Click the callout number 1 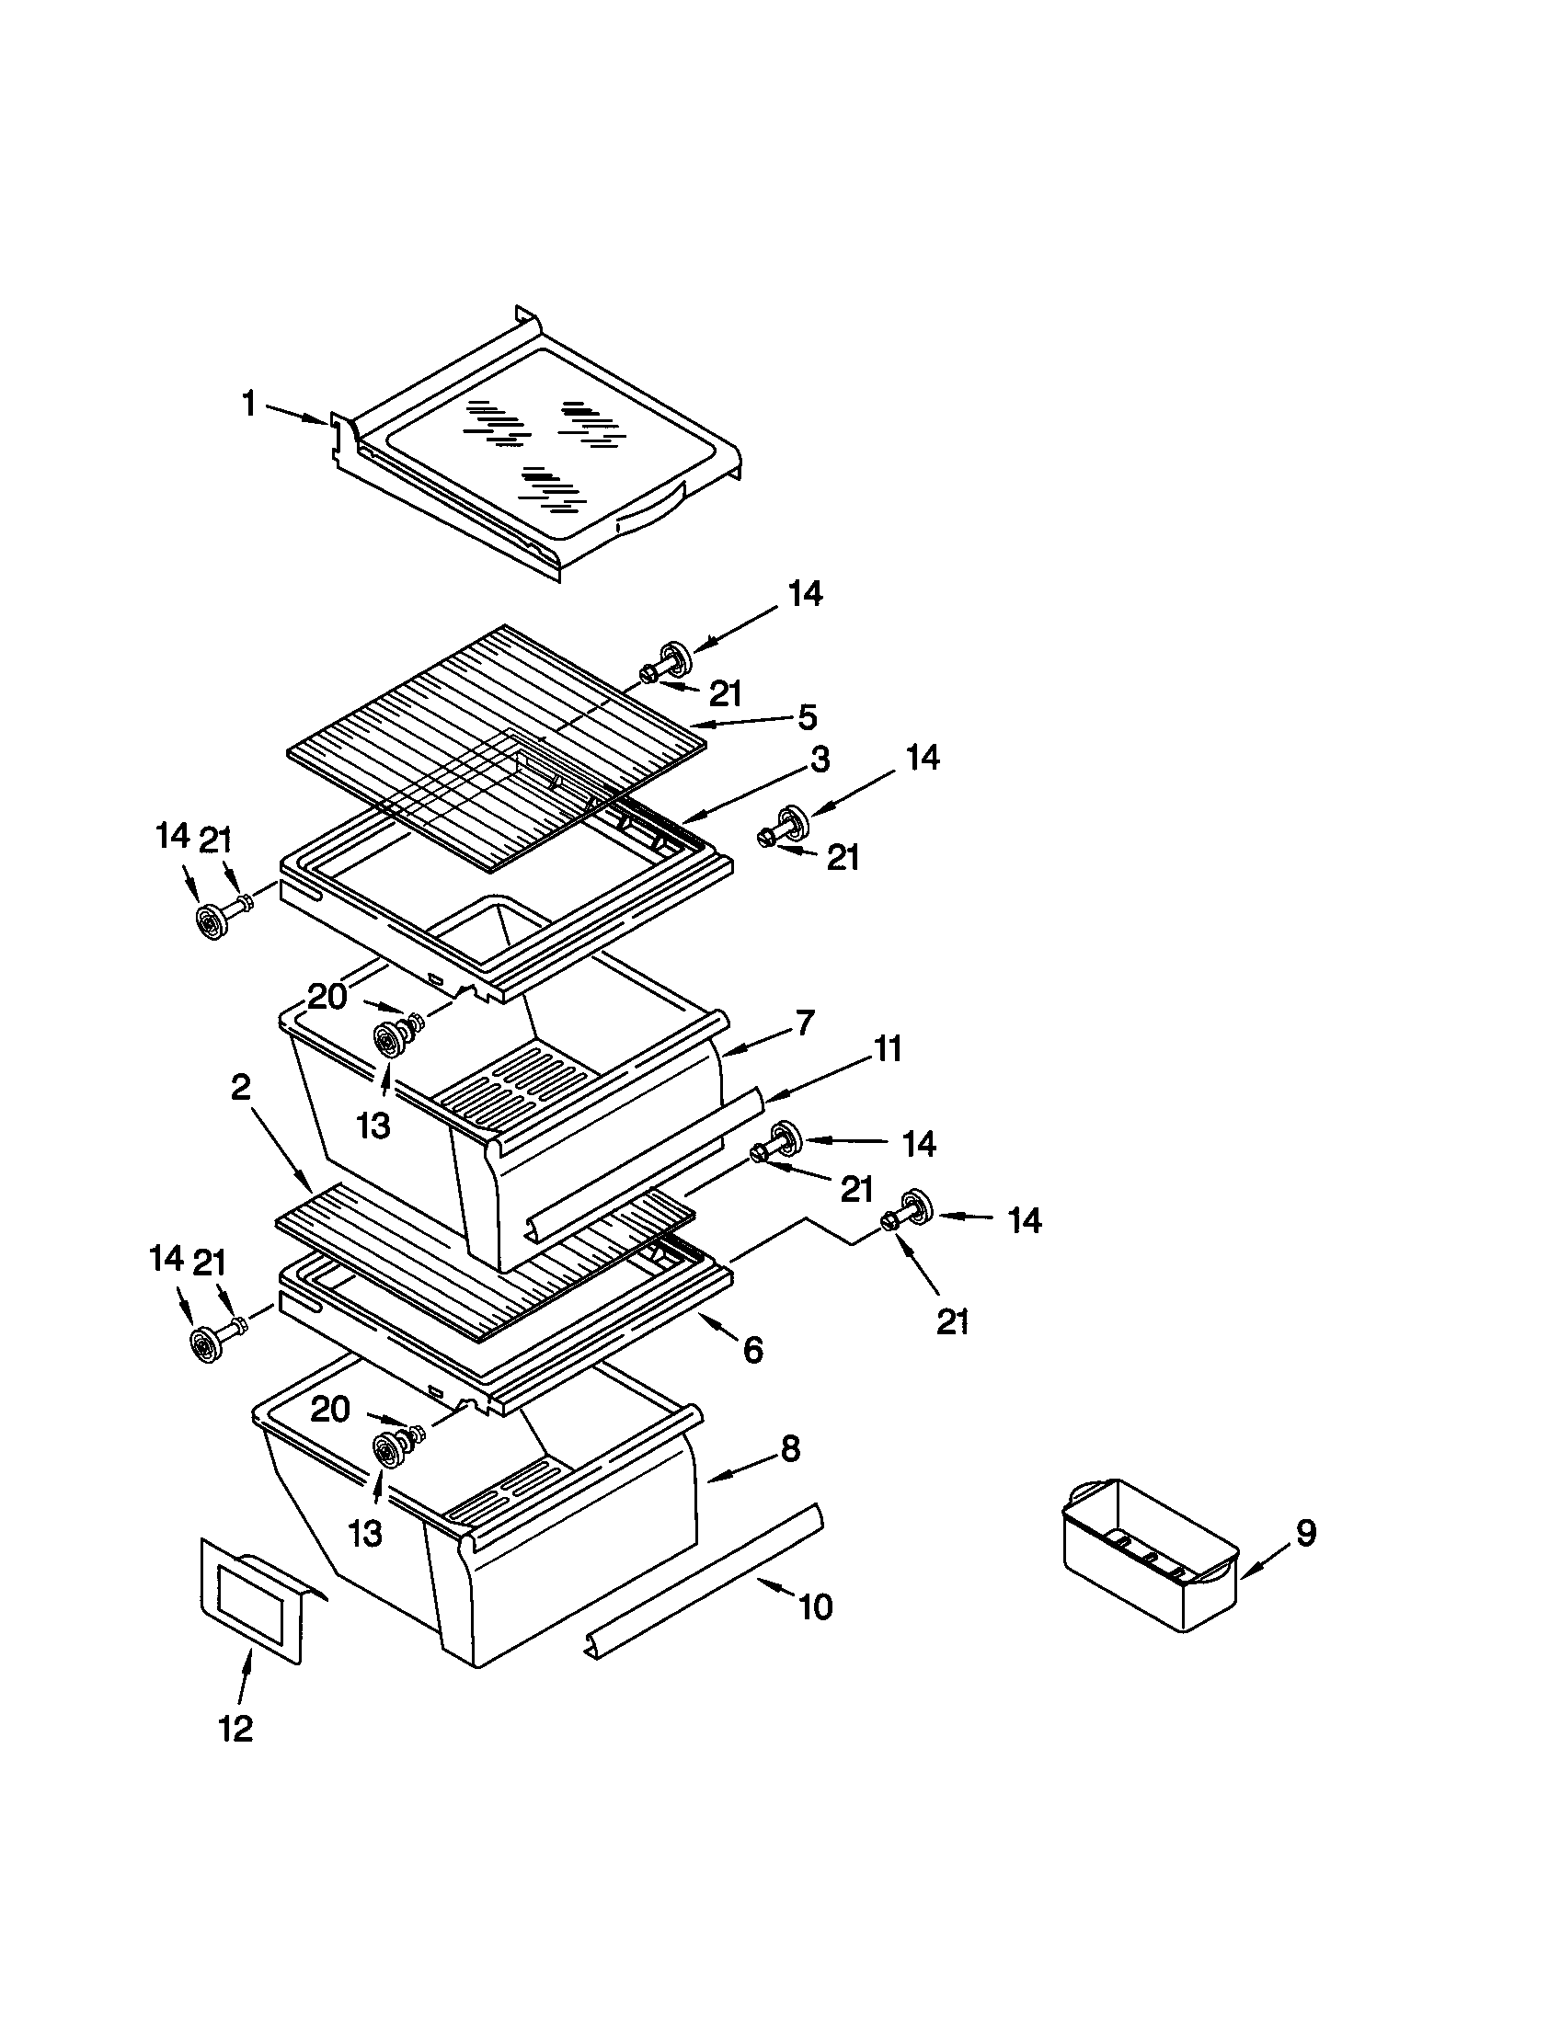click(248, 404)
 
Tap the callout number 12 click(235, 1728)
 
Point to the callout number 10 click(815, 1607)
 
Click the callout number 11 click(888, 1049)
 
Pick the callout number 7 click(804, 1023)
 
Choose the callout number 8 click(789, 1448)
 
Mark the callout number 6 click(752, 1351)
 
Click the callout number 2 click(240, 1088)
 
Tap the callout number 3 click(819, 760)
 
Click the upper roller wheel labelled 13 click(387, 1039)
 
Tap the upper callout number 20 click(327, 997)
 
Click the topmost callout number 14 click(805, 593)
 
